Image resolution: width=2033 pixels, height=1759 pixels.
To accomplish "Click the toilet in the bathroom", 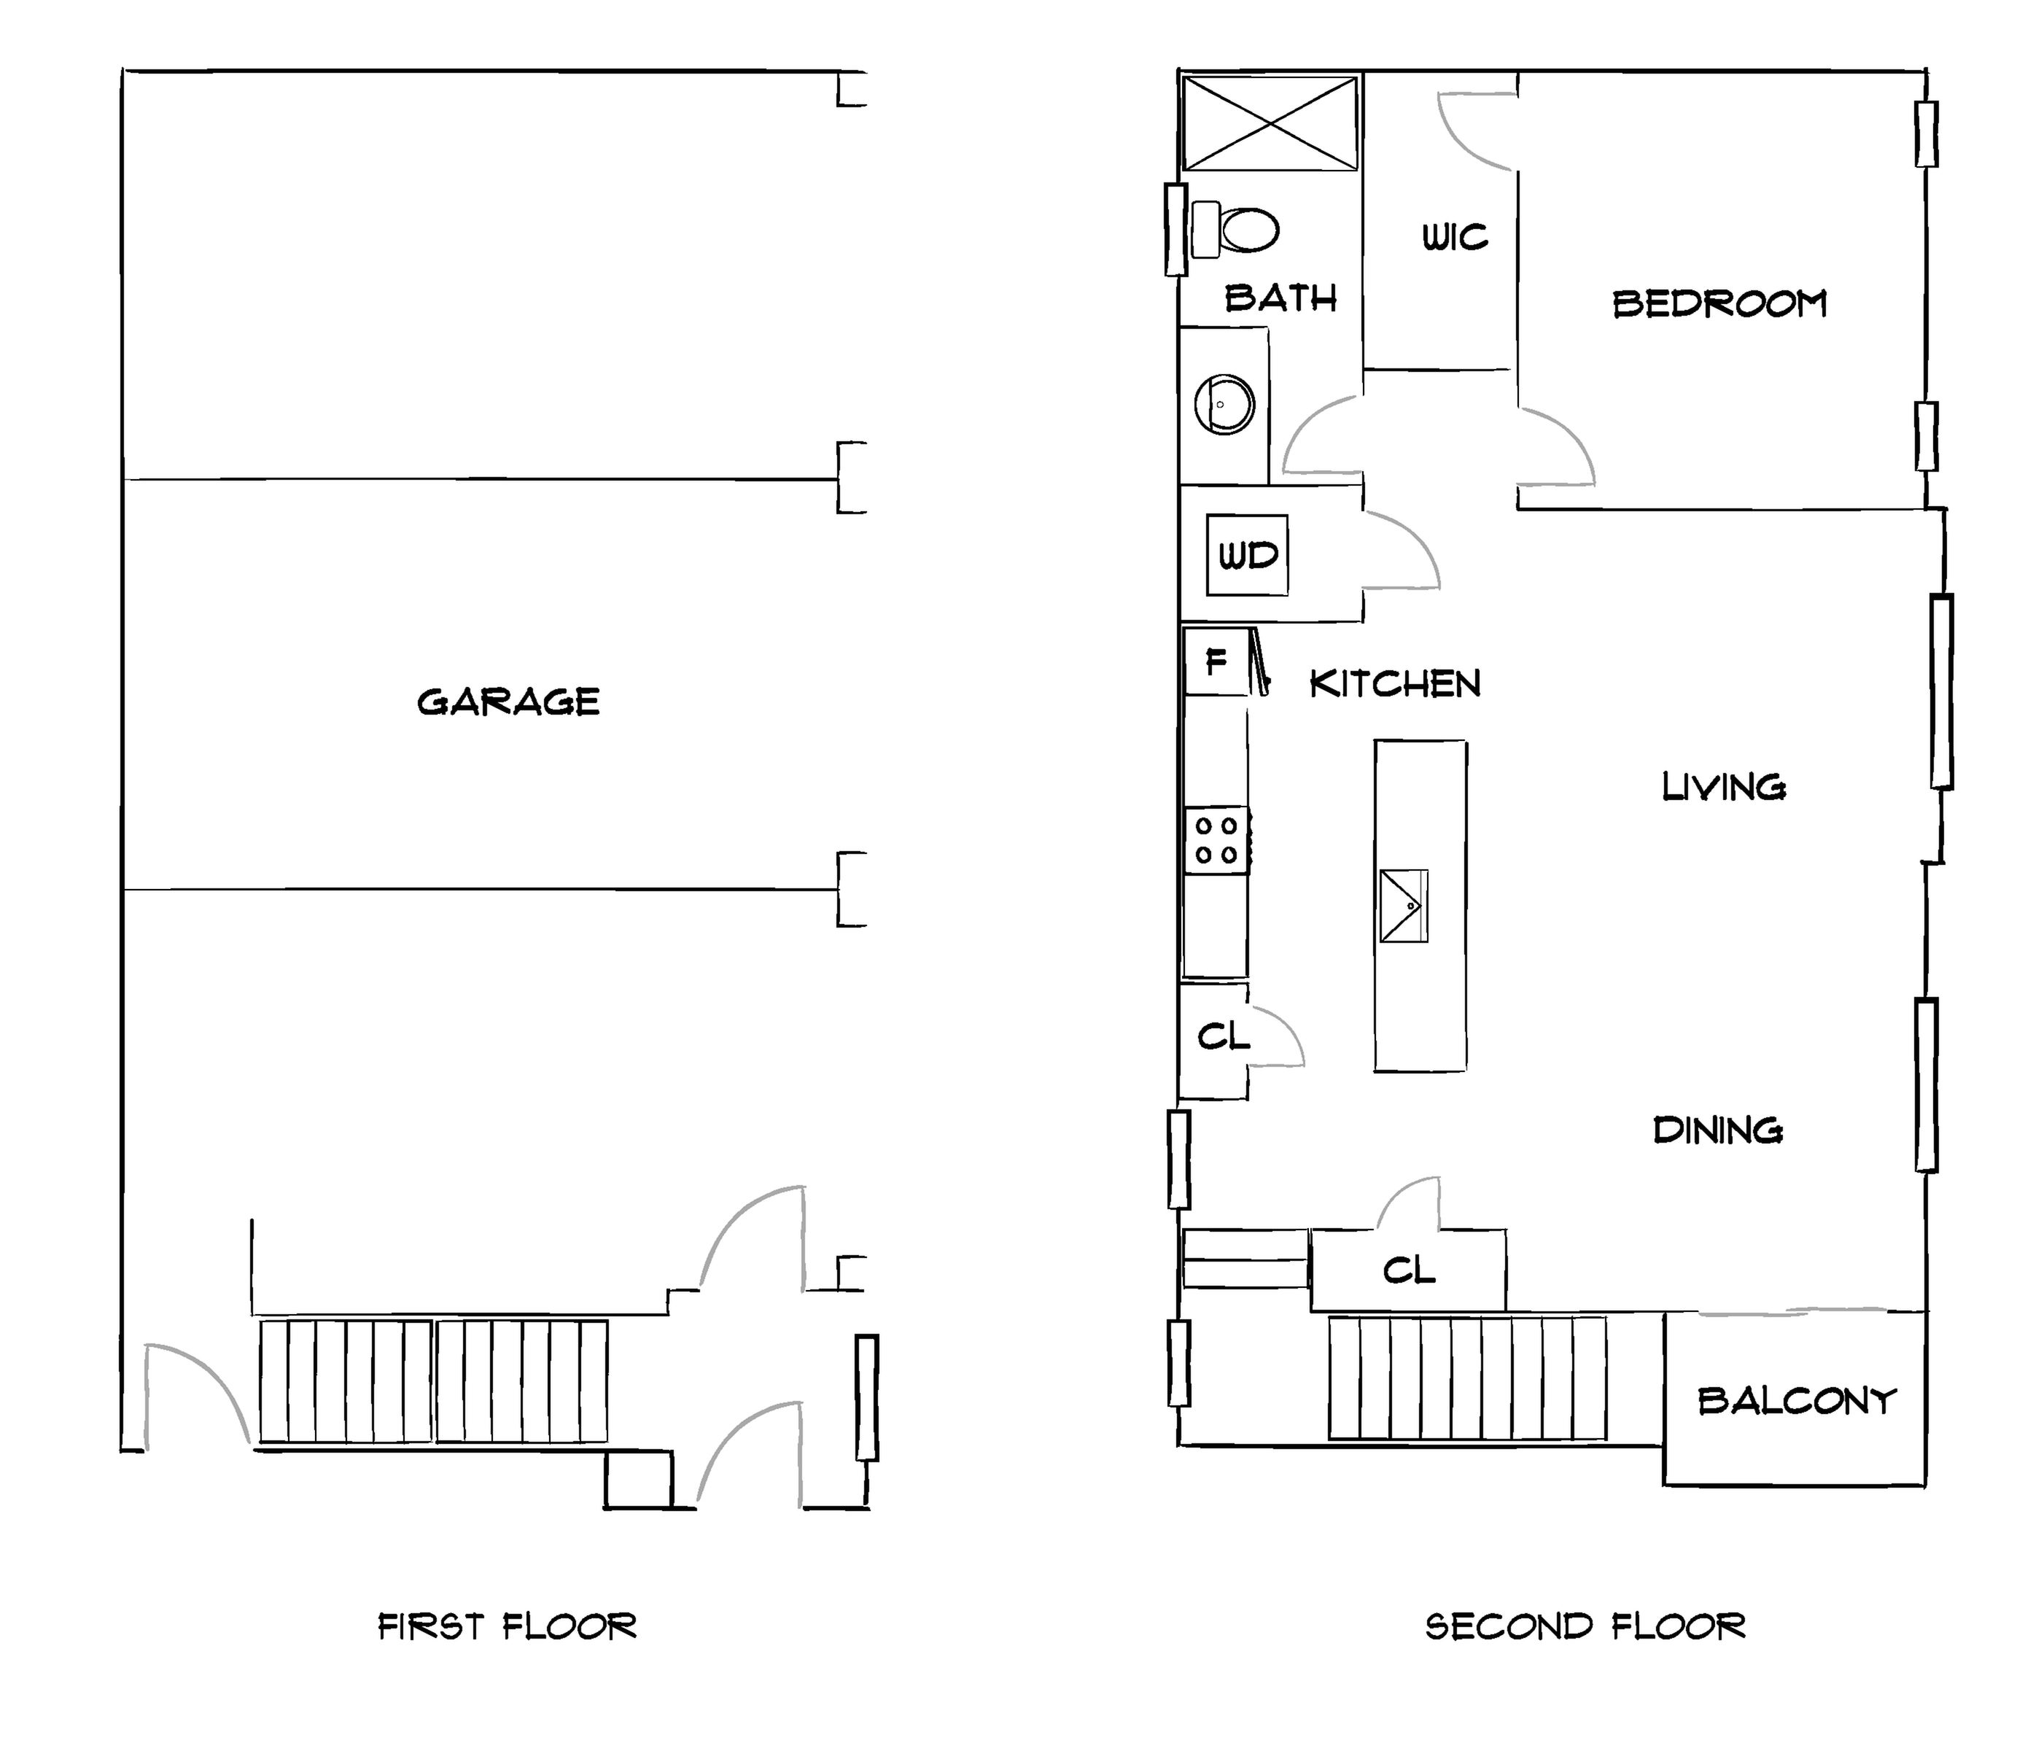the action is [x=1235, y=230].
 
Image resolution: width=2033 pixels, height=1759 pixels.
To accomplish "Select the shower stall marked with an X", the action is [x=1270, y=124].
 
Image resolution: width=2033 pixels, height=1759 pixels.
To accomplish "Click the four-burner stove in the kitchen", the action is [x=1216, y=839].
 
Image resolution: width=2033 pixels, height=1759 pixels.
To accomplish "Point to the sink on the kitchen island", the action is [x=1403, y=905].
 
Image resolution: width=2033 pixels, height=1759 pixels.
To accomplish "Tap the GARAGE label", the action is [x=508, y=702].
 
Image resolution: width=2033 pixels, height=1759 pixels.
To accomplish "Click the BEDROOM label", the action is [x=1720, y=303].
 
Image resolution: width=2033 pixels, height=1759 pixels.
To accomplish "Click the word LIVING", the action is [x=1724, y=786].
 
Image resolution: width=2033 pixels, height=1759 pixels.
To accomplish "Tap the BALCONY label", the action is [x=1797, y=1401].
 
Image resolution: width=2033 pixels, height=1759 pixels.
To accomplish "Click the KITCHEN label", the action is [x=1395, y=684].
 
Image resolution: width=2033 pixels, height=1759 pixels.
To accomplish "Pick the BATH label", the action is [x=1281, y=298].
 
